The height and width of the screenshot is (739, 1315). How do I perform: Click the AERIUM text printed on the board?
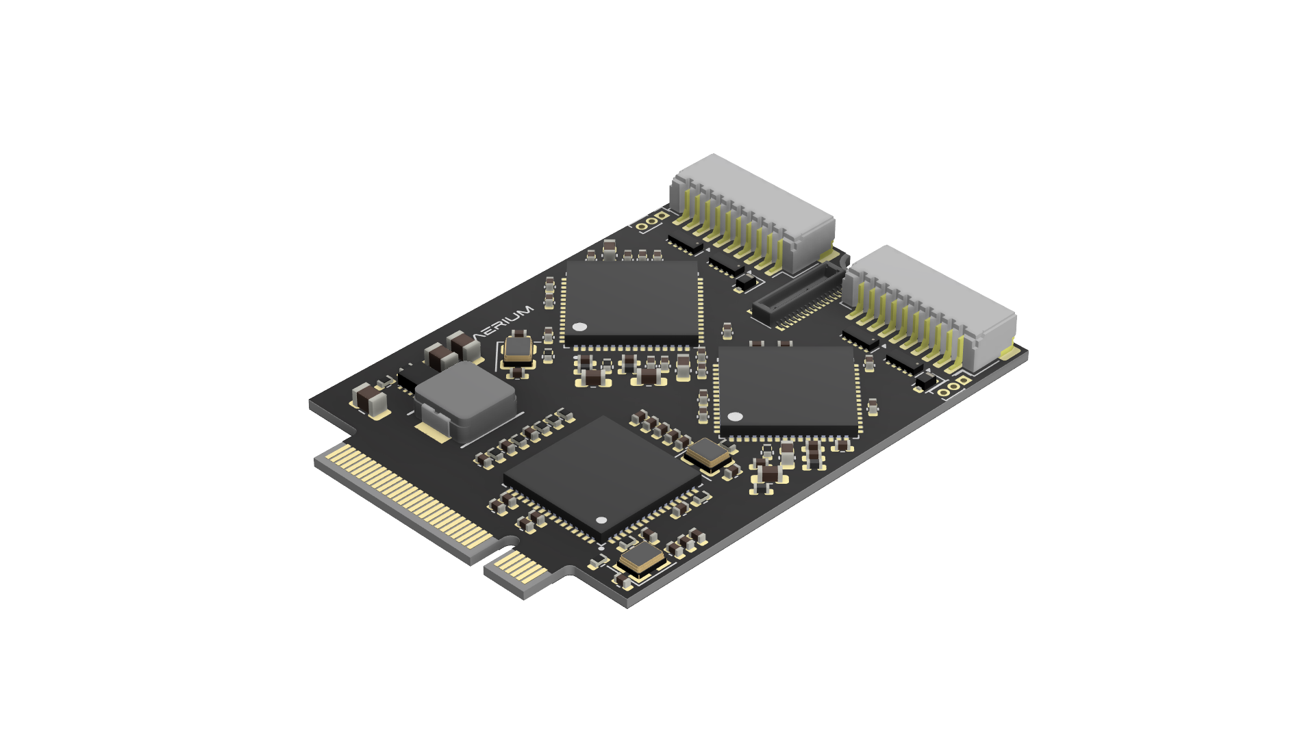point(503,324)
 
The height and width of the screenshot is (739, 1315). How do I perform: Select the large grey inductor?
point(465,400)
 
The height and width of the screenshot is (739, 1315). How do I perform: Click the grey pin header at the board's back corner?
point(753,209)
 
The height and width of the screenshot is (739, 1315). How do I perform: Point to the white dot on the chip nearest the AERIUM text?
point(579,327)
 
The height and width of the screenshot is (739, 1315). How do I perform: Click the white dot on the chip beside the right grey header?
point(735,416)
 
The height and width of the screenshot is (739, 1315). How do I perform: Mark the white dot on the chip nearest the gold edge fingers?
point(601,521)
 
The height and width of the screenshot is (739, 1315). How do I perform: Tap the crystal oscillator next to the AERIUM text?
point(519,349)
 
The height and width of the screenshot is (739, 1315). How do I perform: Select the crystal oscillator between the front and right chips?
point(710,454)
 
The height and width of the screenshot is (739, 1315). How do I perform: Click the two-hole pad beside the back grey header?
point(651,222)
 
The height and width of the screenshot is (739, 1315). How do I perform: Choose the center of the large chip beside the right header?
point(788,390)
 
